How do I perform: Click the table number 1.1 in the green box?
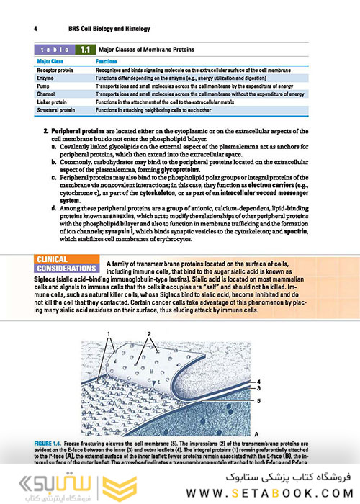tap(85, 50)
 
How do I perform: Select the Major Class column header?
tap(51, 63)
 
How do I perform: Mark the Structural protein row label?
tap(57, 109)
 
